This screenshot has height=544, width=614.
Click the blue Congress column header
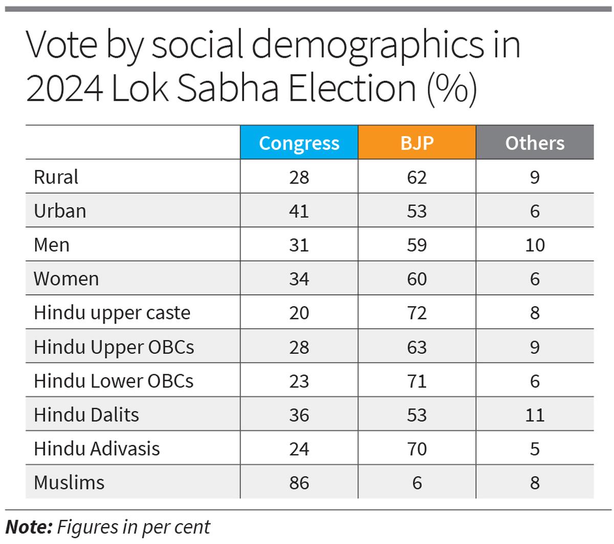pyautogui.click(x=299, y=143)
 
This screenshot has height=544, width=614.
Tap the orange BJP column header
pyautogui.click(x=416, y=143)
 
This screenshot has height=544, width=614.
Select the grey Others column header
pyautogui.click(x=535, y=143)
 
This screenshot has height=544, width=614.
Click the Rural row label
pyautogui.click(x=56, y=177)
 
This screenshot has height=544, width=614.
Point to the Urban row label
pyautogui.click(x=60, y=211)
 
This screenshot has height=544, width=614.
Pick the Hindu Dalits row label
pyautogui.click(x=86, y=415)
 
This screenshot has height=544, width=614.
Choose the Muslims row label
pyautogui.click(x=69, y=482)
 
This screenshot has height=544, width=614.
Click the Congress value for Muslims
pyautogui.click(x=299, y=482)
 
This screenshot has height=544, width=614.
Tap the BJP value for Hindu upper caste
pyautogui.click(x=416, y=312)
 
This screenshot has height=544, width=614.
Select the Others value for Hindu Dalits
pyautogui.click(x=535, y=415)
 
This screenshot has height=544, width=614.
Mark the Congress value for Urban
pyautogui.click(x=299, y=211)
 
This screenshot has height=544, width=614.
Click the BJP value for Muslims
pyautogui.click(x=416, y=482)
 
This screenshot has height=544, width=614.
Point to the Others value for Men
pyautogui.click(x=535, y=245)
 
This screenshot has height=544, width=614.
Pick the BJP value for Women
pyautogui.click(x=416, y=279)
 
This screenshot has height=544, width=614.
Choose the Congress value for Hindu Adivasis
pyautogui.click(x=299, y=448)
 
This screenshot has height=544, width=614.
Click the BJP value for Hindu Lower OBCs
pyautogui.click(x=416, y=381)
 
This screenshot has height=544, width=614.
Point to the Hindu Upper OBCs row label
pyautogui.click(x=114, y=347)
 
